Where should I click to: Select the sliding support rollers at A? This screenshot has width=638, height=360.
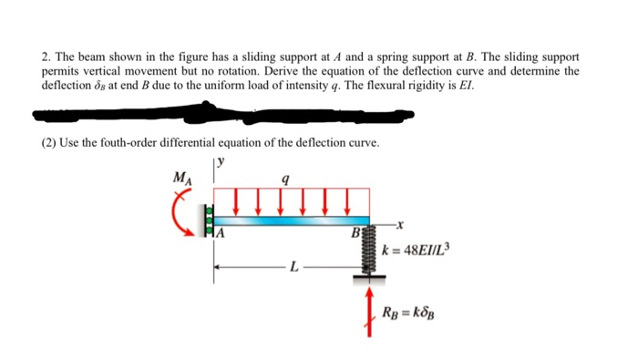[x=206, y=222]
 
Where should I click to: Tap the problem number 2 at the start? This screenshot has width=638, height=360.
[x=46, y=57]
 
